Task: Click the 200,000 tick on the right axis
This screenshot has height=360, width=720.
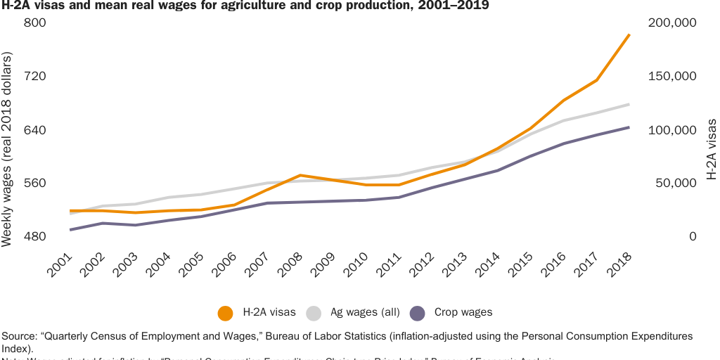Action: (671, 22)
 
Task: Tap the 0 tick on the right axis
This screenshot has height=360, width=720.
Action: (693, 237)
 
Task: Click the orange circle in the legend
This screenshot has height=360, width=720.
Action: (226, 313)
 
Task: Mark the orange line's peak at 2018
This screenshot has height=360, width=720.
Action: (629, 34)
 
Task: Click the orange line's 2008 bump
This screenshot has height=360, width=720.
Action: (300, 175)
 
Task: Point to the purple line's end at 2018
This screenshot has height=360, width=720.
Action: (629, 127)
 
